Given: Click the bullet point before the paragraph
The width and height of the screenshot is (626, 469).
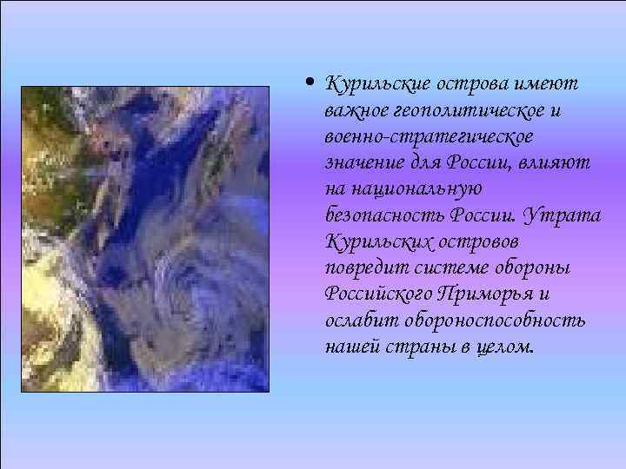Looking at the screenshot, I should [x=310, y=85].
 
